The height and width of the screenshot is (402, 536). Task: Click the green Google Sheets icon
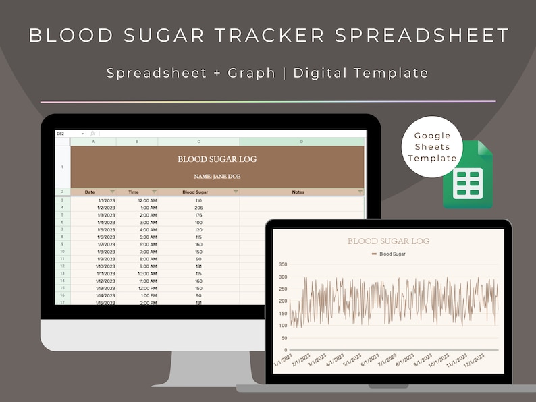point(468,175)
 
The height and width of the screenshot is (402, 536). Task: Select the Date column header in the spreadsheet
point(90,192)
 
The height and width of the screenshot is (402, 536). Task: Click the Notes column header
point(298,192)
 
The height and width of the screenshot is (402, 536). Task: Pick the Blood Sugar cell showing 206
point(198,208)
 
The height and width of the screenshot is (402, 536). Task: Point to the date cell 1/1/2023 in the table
point(107,200)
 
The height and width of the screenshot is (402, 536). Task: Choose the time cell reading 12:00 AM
point(147,200)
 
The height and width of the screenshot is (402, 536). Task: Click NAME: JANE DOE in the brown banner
point(217,177)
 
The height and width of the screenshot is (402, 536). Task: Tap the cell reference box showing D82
point(61,134)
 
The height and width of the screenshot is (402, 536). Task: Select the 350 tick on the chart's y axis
point(282,264)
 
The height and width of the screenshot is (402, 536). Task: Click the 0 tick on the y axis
point(286,350)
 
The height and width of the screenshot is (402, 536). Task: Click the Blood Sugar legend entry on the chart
point(392,254)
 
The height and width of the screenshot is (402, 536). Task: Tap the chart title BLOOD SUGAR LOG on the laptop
point(388,241)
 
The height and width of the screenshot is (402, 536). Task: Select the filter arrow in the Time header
point(154,192)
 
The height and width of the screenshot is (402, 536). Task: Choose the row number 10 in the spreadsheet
point(62,251)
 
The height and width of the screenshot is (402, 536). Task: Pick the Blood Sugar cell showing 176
point(198,215)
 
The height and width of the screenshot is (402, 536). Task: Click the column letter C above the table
point(198,142)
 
